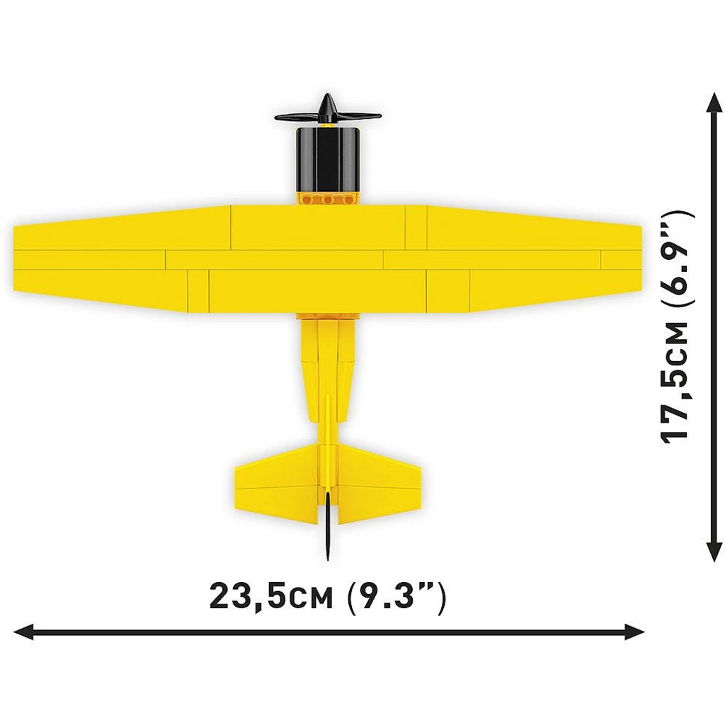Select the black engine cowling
pyautogui.click(x=327, y=159)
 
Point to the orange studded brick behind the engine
pyautogui.click(x=327, y=200)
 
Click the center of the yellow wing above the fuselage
pyautogui.click(x=327, y=258)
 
